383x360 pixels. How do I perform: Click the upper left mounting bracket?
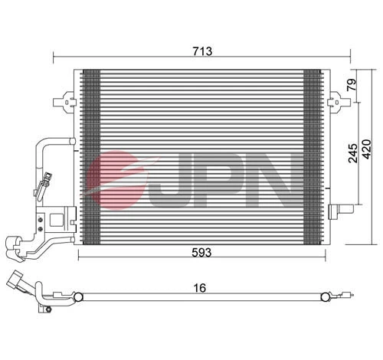point(64,101)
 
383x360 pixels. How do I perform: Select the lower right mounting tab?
point(336,212)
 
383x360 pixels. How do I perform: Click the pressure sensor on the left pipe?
point(47,182)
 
